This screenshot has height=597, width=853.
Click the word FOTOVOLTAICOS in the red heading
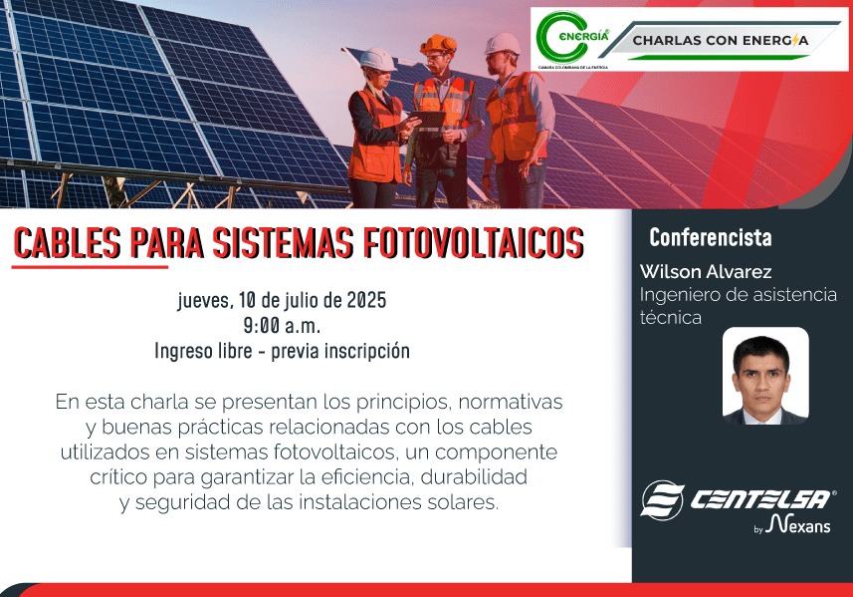pos(474,243)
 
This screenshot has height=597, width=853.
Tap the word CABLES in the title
pos(67,243)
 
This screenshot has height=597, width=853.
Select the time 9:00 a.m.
pos(282,326)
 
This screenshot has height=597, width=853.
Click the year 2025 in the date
pos(366,300)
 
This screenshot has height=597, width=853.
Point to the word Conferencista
pos(711,237)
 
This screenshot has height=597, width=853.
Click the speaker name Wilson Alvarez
pos(706,271)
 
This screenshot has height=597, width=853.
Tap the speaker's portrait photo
pos(765,376)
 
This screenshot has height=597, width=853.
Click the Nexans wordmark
pos(798,524)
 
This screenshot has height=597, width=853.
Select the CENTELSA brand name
pos(760,499)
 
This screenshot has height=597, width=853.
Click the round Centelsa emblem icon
pos(662,500)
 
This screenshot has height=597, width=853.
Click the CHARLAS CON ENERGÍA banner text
pos(721,40)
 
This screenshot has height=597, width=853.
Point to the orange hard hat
pos(439,44)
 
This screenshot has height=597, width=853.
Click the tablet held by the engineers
pos(428,120)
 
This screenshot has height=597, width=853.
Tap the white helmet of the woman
pos(377,60)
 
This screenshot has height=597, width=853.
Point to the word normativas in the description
pos(511,402)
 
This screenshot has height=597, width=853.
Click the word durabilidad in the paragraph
pos(474,477)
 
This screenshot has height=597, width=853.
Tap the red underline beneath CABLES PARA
pos(90,267)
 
